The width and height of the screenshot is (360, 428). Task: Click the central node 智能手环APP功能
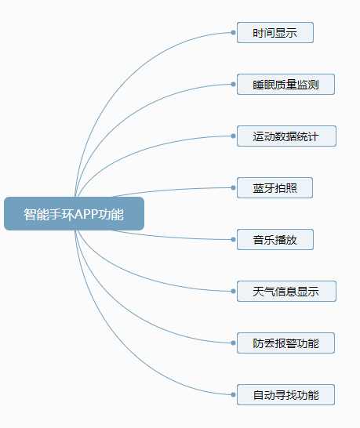pos(74,214)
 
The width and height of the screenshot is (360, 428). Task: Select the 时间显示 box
pos(275,33)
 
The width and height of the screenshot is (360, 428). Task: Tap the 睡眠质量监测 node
pos(285,85)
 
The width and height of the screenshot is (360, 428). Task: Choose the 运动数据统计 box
pos(285,136)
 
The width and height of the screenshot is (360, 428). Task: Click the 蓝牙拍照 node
pos(275,188)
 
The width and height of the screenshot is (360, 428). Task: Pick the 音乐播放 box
pos(275,240)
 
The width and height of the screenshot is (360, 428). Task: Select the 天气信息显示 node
pos(285,291)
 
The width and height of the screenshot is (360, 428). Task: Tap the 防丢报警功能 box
pos(285,343)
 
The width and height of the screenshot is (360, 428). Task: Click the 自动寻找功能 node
pos(285,394)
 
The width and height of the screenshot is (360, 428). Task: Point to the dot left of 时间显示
pos(234,33)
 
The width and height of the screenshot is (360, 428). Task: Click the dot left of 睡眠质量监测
pos(234,85)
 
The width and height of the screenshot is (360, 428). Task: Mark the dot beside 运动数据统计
pos(234,136)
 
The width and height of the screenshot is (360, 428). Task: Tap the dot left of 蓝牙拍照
pos(234,188)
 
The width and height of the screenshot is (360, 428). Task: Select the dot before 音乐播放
pos(234,240)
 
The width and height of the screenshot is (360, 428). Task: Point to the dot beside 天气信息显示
pos(234,291)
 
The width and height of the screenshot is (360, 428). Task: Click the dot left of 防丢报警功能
pos(234,343)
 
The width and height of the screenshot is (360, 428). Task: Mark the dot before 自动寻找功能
pos(234,394)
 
